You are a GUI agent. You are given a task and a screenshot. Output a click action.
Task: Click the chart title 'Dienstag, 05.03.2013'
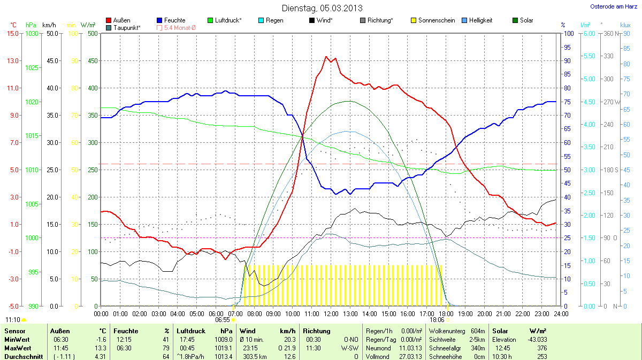click(322, 8)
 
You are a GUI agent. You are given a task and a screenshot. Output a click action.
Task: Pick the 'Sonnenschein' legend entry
click(433, 20)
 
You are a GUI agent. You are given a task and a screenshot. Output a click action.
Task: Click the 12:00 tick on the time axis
click(331, 313)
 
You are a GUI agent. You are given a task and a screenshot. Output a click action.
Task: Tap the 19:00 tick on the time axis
click(465, 313)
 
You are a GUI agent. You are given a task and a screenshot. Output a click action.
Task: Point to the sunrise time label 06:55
click(223, 319)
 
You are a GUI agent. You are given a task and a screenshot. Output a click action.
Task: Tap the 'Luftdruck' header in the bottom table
click(190, 331)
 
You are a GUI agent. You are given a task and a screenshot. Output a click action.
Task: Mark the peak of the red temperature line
click(326, 57)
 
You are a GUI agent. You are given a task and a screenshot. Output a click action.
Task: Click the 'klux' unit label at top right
click(625, 25)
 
